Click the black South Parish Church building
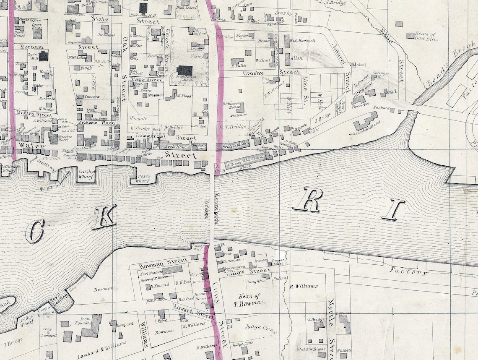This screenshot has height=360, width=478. pyautogui.click(x=184, y=70)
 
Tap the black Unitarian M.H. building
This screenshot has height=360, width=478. pyautogui.click(x=143, y=8)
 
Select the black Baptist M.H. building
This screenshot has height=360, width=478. pyautogui.click(x=44, y=56)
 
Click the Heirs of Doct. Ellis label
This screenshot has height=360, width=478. pyautogui.click(x=424, y=36)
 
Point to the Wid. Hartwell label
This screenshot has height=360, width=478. pyautogui.click(x=302, y=41)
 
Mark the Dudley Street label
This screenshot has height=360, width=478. pyautogui.click(x=32, y=114)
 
